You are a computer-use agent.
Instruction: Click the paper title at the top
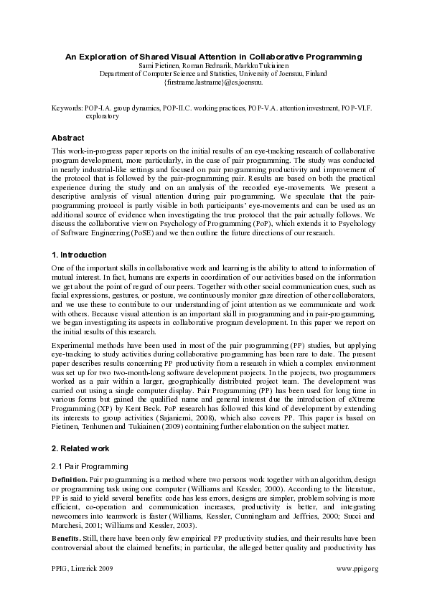213,56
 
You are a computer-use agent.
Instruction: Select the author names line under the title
213,65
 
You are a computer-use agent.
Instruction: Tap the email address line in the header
213,83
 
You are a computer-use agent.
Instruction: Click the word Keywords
67,107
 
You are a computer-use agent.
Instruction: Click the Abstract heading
68,138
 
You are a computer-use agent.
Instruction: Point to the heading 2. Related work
80,448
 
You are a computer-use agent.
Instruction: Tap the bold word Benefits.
67,538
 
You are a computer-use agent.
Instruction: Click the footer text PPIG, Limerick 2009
83,568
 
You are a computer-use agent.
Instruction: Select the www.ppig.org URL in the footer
357,568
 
